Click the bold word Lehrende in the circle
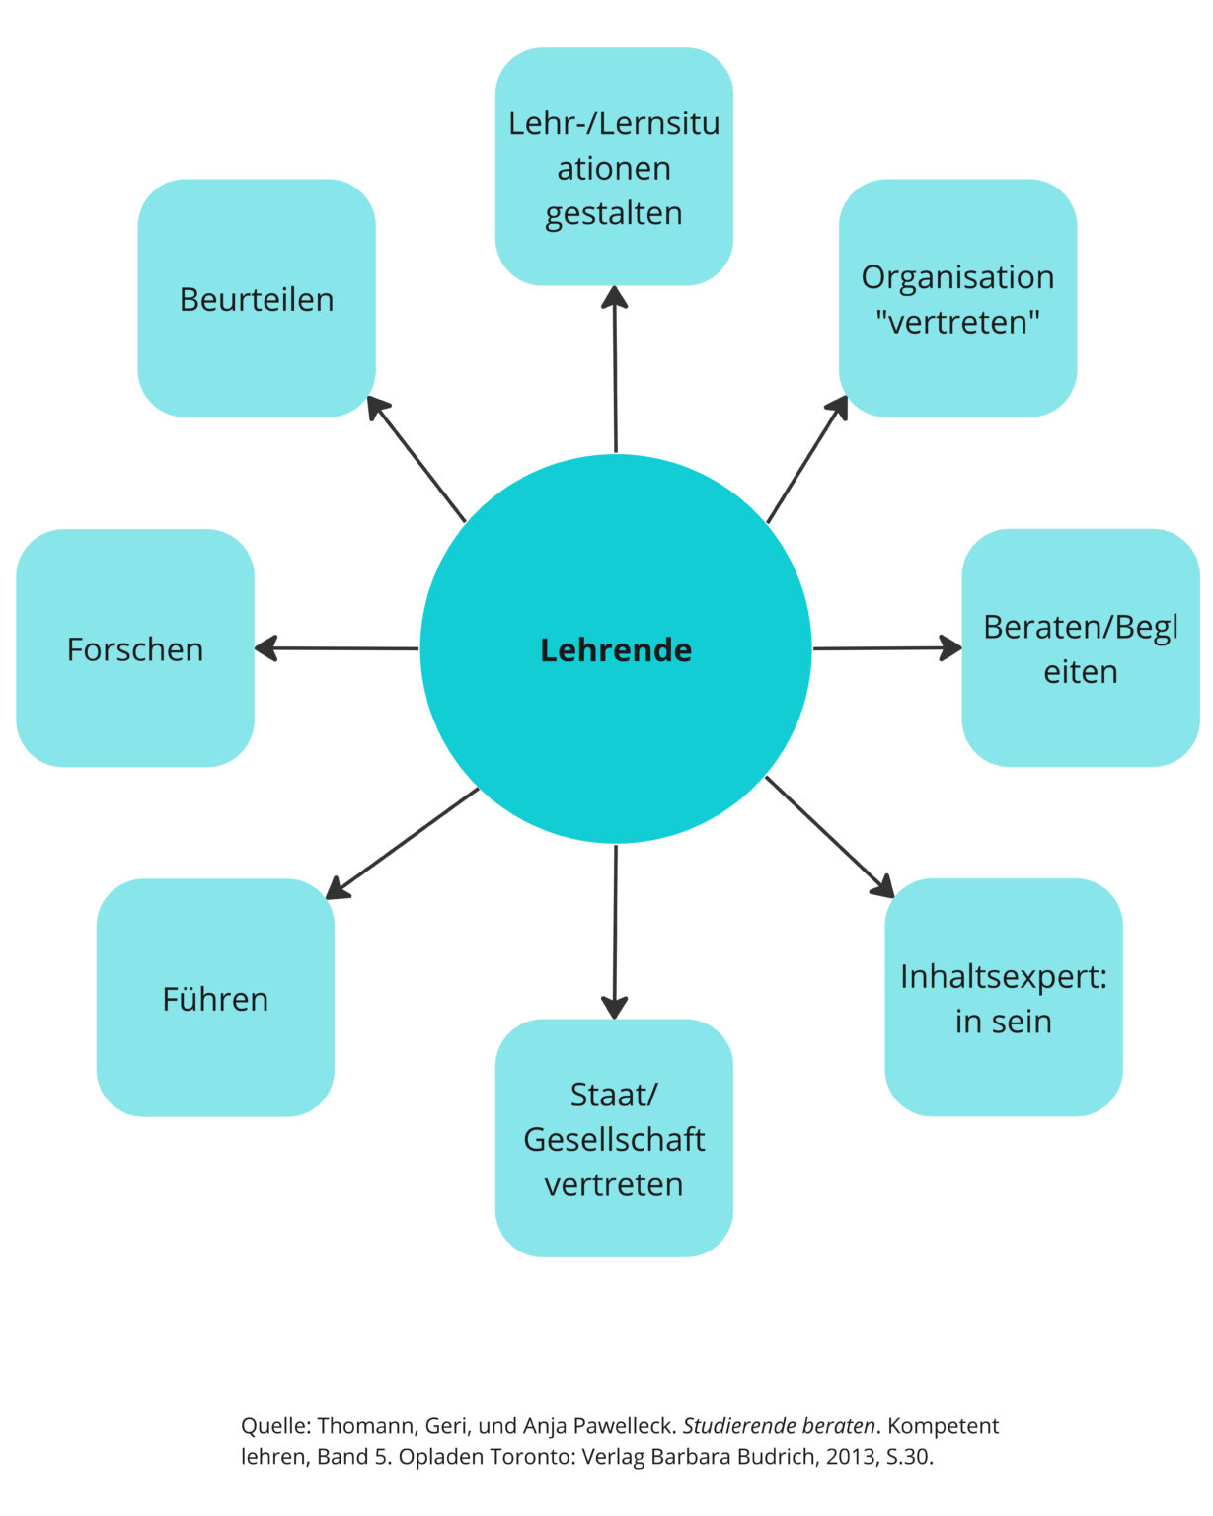[x=616, y=649]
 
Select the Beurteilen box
[x=257, y=298]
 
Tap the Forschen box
[x=135, y=648]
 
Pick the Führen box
[x=215, y=998]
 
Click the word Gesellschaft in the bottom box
[x=614, y=1139]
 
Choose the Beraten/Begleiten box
[x=1080, y=648]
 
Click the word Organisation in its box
[x=957, y=277]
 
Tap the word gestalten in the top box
[x=614, y=213]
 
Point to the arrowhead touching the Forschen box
[x=265, y=648]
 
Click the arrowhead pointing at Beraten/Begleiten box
[x=951, y=647]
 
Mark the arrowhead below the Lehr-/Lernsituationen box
[x=615, y=296]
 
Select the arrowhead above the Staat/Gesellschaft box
[x=615, y=1008]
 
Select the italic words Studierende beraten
[x=779, y=1426]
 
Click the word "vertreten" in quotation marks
[x=957, y=322]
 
